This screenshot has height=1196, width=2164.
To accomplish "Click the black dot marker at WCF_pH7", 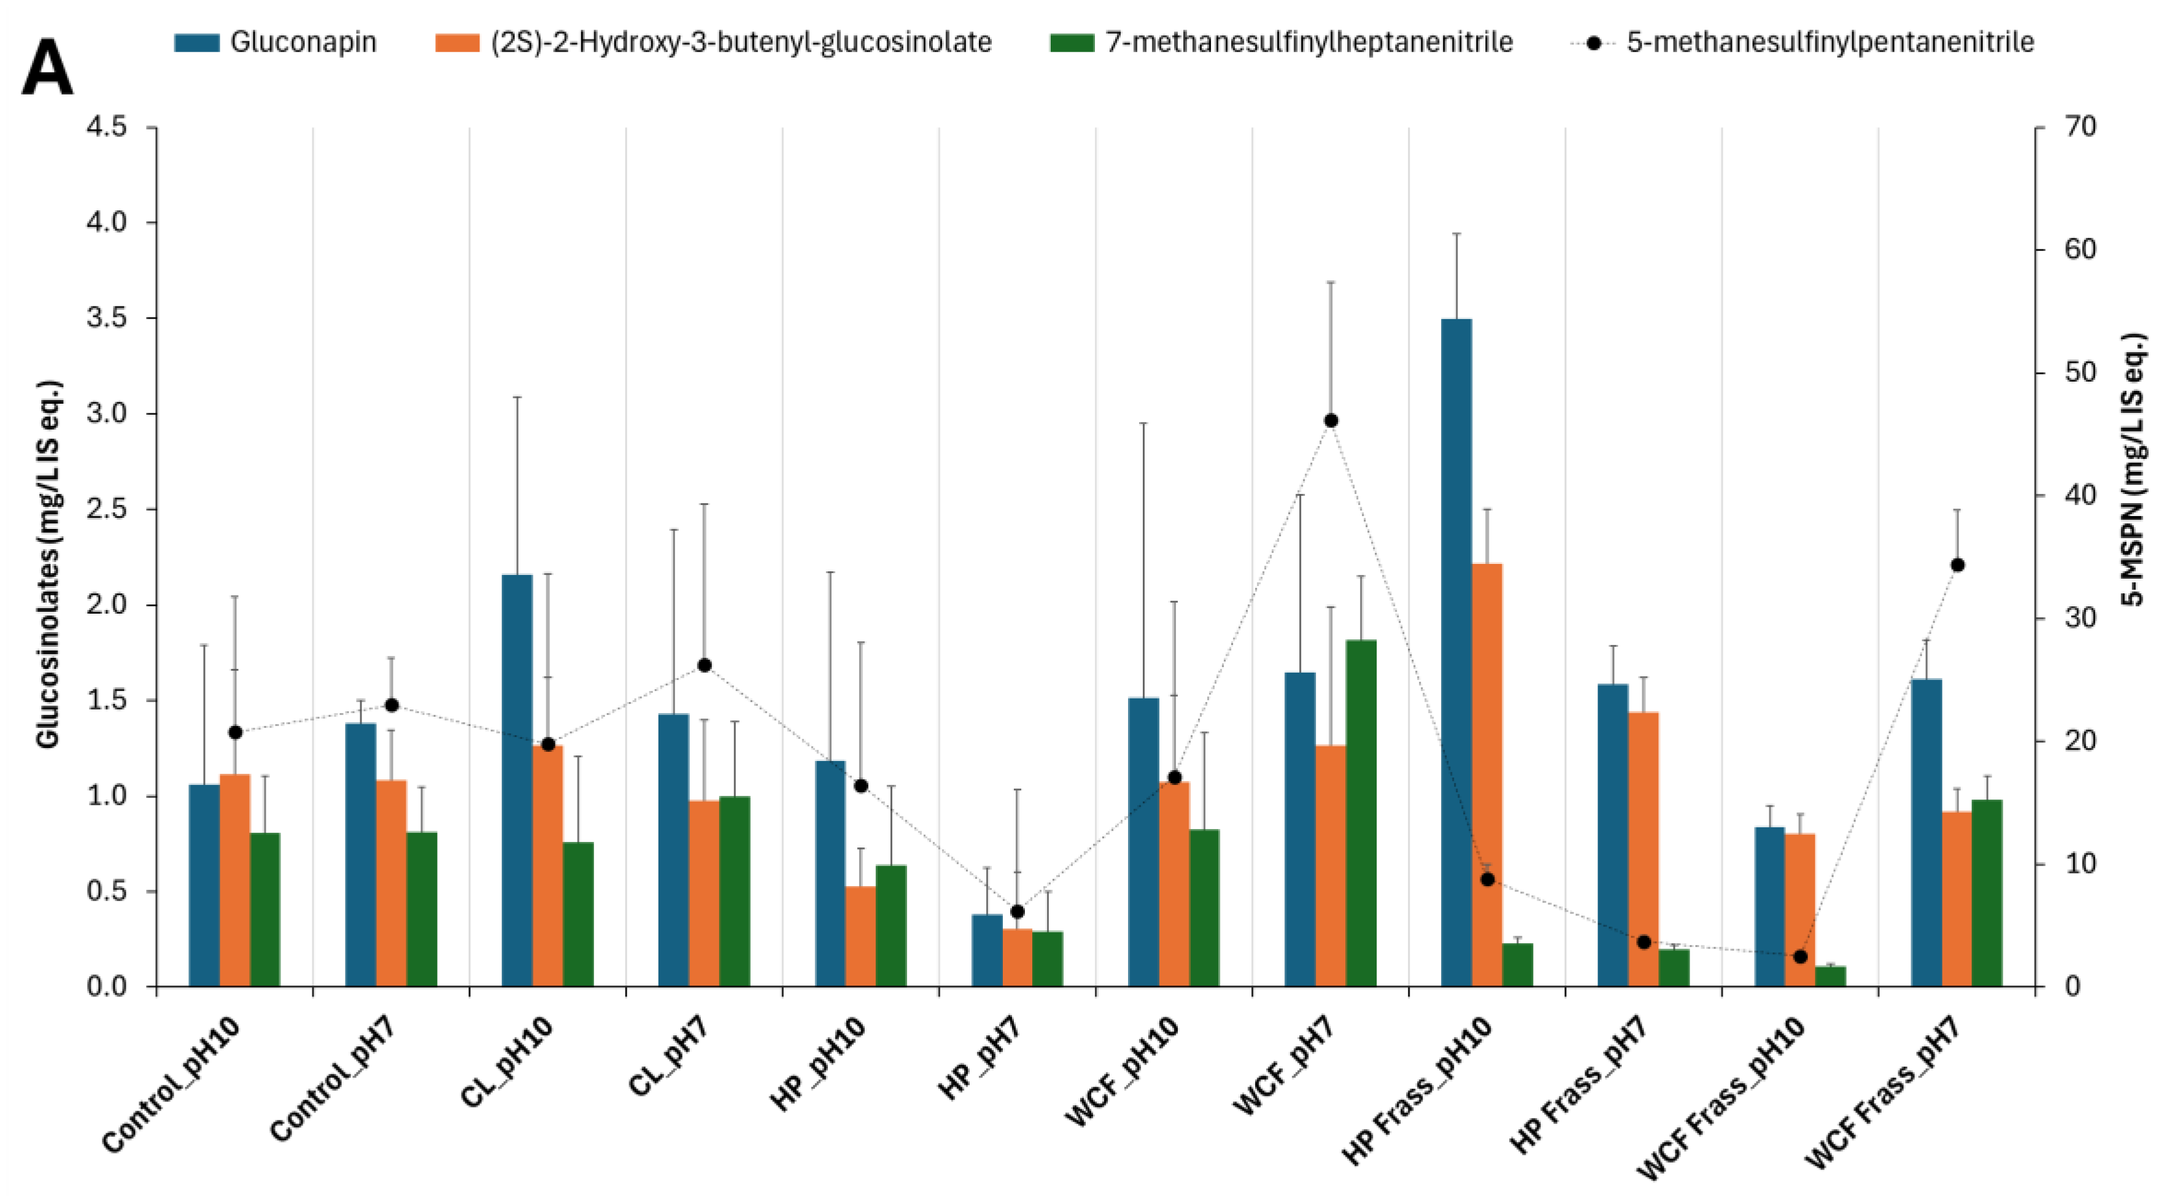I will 1331,421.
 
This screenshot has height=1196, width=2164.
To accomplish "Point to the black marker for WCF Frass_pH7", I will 1957,565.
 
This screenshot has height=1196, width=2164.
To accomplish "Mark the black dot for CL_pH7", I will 704,665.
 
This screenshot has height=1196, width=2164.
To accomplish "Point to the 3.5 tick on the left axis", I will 107,318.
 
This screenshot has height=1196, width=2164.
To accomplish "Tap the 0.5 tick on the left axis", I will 107,891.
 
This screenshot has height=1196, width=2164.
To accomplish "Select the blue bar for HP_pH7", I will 986,950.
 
